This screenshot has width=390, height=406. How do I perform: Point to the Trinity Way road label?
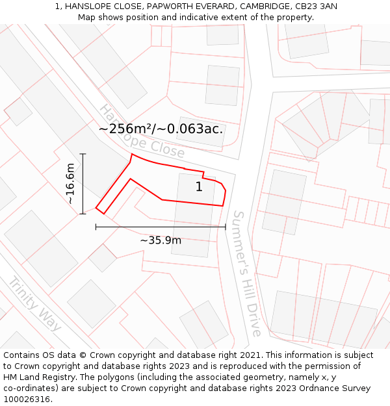tap(34, 303)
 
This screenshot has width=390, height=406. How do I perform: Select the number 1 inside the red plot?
tap(199, 187)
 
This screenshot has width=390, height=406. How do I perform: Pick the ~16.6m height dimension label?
tap(70, 184)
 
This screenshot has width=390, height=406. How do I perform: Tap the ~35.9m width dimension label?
tap(161, 240)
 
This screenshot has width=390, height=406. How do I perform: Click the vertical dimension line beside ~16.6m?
tap(83, 184)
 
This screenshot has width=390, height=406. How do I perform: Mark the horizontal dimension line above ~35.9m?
tap(161, 227)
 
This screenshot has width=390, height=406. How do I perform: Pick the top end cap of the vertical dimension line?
tap(83, 154)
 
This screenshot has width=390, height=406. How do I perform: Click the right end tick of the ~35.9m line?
tap(226, 227)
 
